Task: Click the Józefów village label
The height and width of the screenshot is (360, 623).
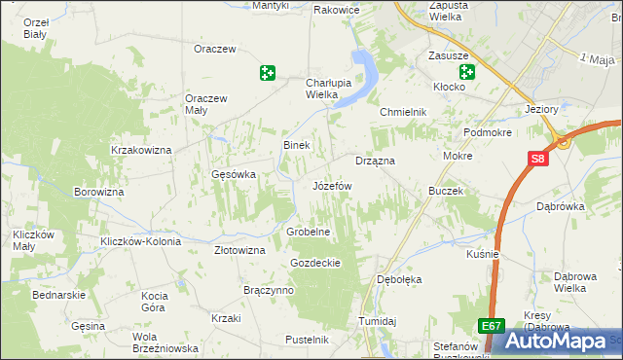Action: [331, 185]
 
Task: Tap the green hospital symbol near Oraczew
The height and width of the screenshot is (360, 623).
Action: [268, 72]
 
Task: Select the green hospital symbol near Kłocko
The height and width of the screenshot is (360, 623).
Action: [467, 72]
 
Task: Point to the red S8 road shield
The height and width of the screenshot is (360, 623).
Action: [538, 160]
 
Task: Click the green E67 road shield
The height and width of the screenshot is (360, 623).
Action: [492, 328]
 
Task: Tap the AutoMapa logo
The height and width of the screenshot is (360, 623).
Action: [561, 342]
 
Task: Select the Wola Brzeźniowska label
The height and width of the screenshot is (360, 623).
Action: [165, 342]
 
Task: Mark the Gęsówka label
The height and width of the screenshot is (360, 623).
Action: [233, 175]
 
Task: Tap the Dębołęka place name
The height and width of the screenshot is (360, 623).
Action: [398, 279]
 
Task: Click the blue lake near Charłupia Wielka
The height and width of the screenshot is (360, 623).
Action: [365, 72]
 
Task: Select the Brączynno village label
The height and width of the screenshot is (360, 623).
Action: [269, 290]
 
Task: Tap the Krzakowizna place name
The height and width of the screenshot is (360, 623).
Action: [141, 150]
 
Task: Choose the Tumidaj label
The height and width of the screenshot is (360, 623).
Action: [378, 321]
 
